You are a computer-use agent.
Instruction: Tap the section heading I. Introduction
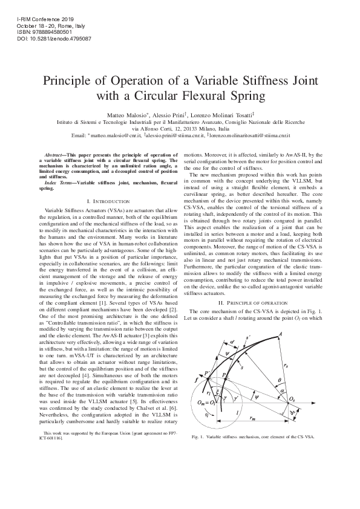[x=108, y=200]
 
